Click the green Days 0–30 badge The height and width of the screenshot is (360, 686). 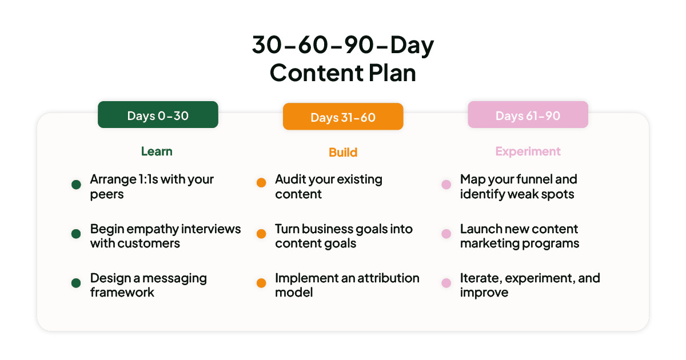[x=158, y=115]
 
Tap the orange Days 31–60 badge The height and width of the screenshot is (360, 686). [x=343, y=117]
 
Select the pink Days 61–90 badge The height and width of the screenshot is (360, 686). [x=528, y=115]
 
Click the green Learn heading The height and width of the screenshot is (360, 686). [x=157, y=151]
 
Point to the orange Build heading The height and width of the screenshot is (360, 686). [x=343, y=152]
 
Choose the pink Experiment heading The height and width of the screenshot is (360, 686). [x=528, y=151]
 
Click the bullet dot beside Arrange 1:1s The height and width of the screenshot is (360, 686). [x=76, y=185]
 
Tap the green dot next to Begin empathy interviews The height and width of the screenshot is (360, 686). [x=76, y=234]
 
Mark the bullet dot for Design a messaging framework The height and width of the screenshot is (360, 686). [x=76, y=283]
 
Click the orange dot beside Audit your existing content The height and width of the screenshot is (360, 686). [x=261, y=183]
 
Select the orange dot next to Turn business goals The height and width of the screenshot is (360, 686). [x=261, y=234]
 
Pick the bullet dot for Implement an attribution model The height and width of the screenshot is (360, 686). [x=261, y=283]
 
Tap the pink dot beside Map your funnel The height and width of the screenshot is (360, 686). [x=446, y=185]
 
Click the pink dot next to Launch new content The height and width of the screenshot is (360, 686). [x=446, y=234]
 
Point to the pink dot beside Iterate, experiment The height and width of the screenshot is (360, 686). [x=446, y=283]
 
